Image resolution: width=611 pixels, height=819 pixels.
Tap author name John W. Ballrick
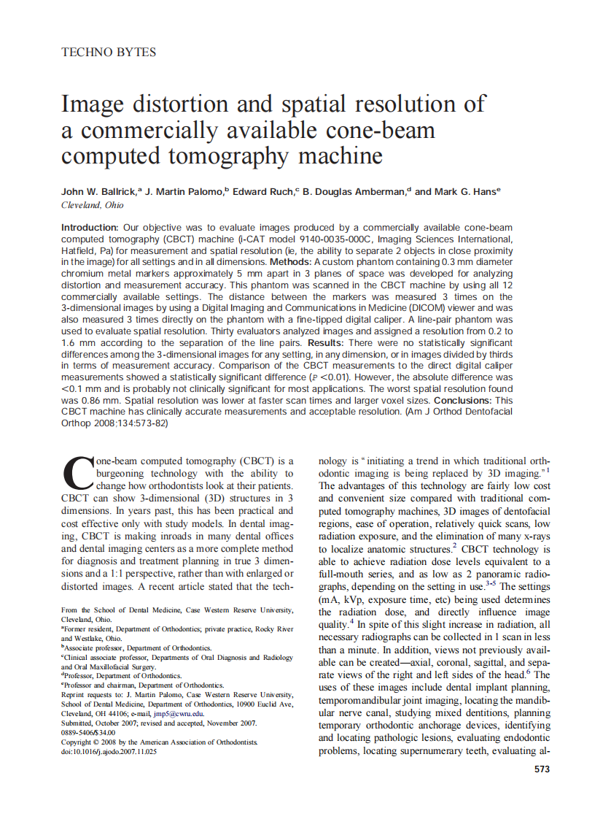point(100,191)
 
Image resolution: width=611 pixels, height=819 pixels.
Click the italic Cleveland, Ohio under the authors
point(92,205)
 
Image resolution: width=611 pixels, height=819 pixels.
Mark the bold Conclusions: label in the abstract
point(463,401)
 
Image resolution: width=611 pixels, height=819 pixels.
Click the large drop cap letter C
point(79,475)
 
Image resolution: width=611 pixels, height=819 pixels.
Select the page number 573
point(542,769)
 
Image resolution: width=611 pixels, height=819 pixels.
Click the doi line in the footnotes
point(109,751)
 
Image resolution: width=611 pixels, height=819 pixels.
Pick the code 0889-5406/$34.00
point(88,732)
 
